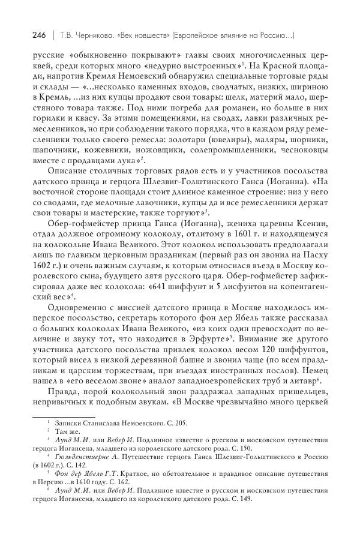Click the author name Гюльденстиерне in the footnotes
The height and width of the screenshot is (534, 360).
pos(80,456)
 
